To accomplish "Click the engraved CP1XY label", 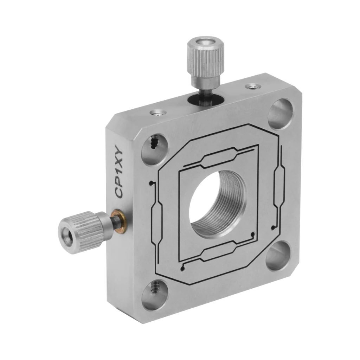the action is click(x=119, y=174).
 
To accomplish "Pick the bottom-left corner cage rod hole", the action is click(x=155, y=295).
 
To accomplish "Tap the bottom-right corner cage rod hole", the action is click(x=278, y=256).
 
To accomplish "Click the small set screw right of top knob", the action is click(x=253, y=86).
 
